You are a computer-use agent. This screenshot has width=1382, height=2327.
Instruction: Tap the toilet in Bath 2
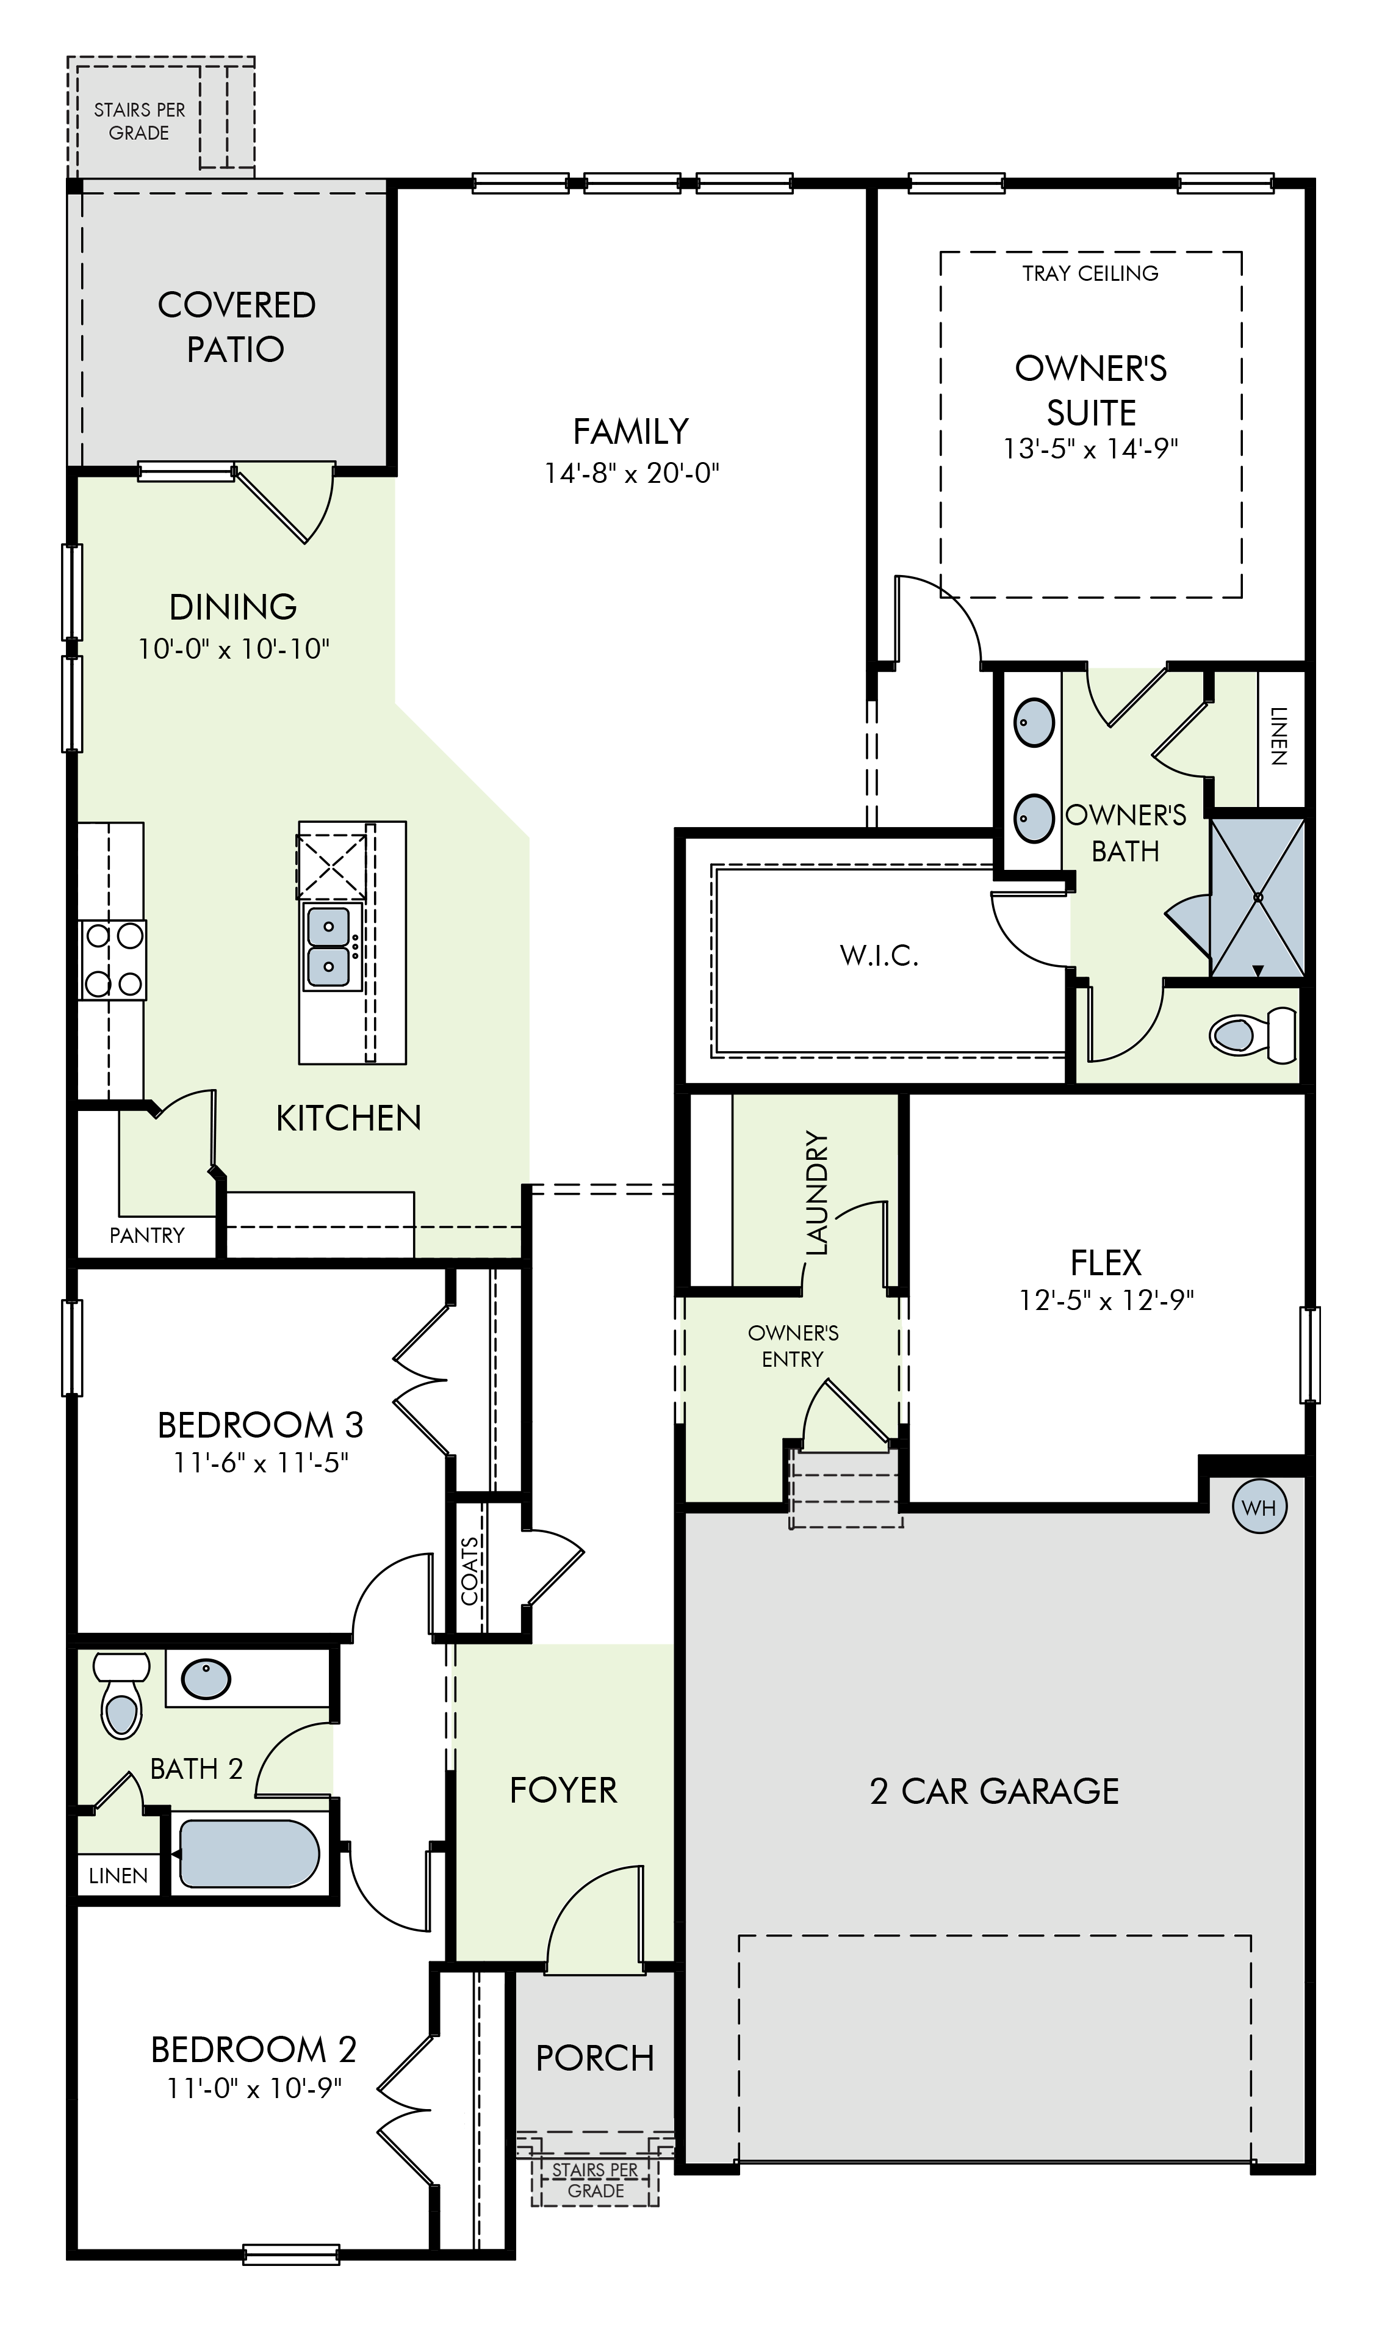tap(121, 1695)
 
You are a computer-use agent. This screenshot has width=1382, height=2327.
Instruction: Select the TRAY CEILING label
tap(1090, 273)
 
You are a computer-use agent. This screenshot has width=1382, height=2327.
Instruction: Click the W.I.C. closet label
tap(879, 955)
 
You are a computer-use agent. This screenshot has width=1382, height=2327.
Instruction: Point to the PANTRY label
tap(147, 1236)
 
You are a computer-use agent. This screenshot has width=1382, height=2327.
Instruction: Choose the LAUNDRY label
tap(816, 1192)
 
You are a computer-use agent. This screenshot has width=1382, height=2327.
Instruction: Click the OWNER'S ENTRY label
tap(793, 1346)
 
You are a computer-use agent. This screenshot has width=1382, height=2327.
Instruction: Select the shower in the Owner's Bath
tap(1257, 898)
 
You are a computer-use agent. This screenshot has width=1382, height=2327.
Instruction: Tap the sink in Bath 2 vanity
tap(206, 1679)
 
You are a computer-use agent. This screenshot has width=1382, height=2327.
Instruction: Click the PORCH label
tap(595, 2059)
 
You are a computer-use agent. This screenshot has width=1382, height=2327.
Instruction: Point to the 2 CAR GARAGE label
tap(995, 1792)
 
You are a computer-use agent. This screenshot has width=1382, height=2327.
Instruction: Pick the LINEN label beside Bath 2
tap(118, 1875)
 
